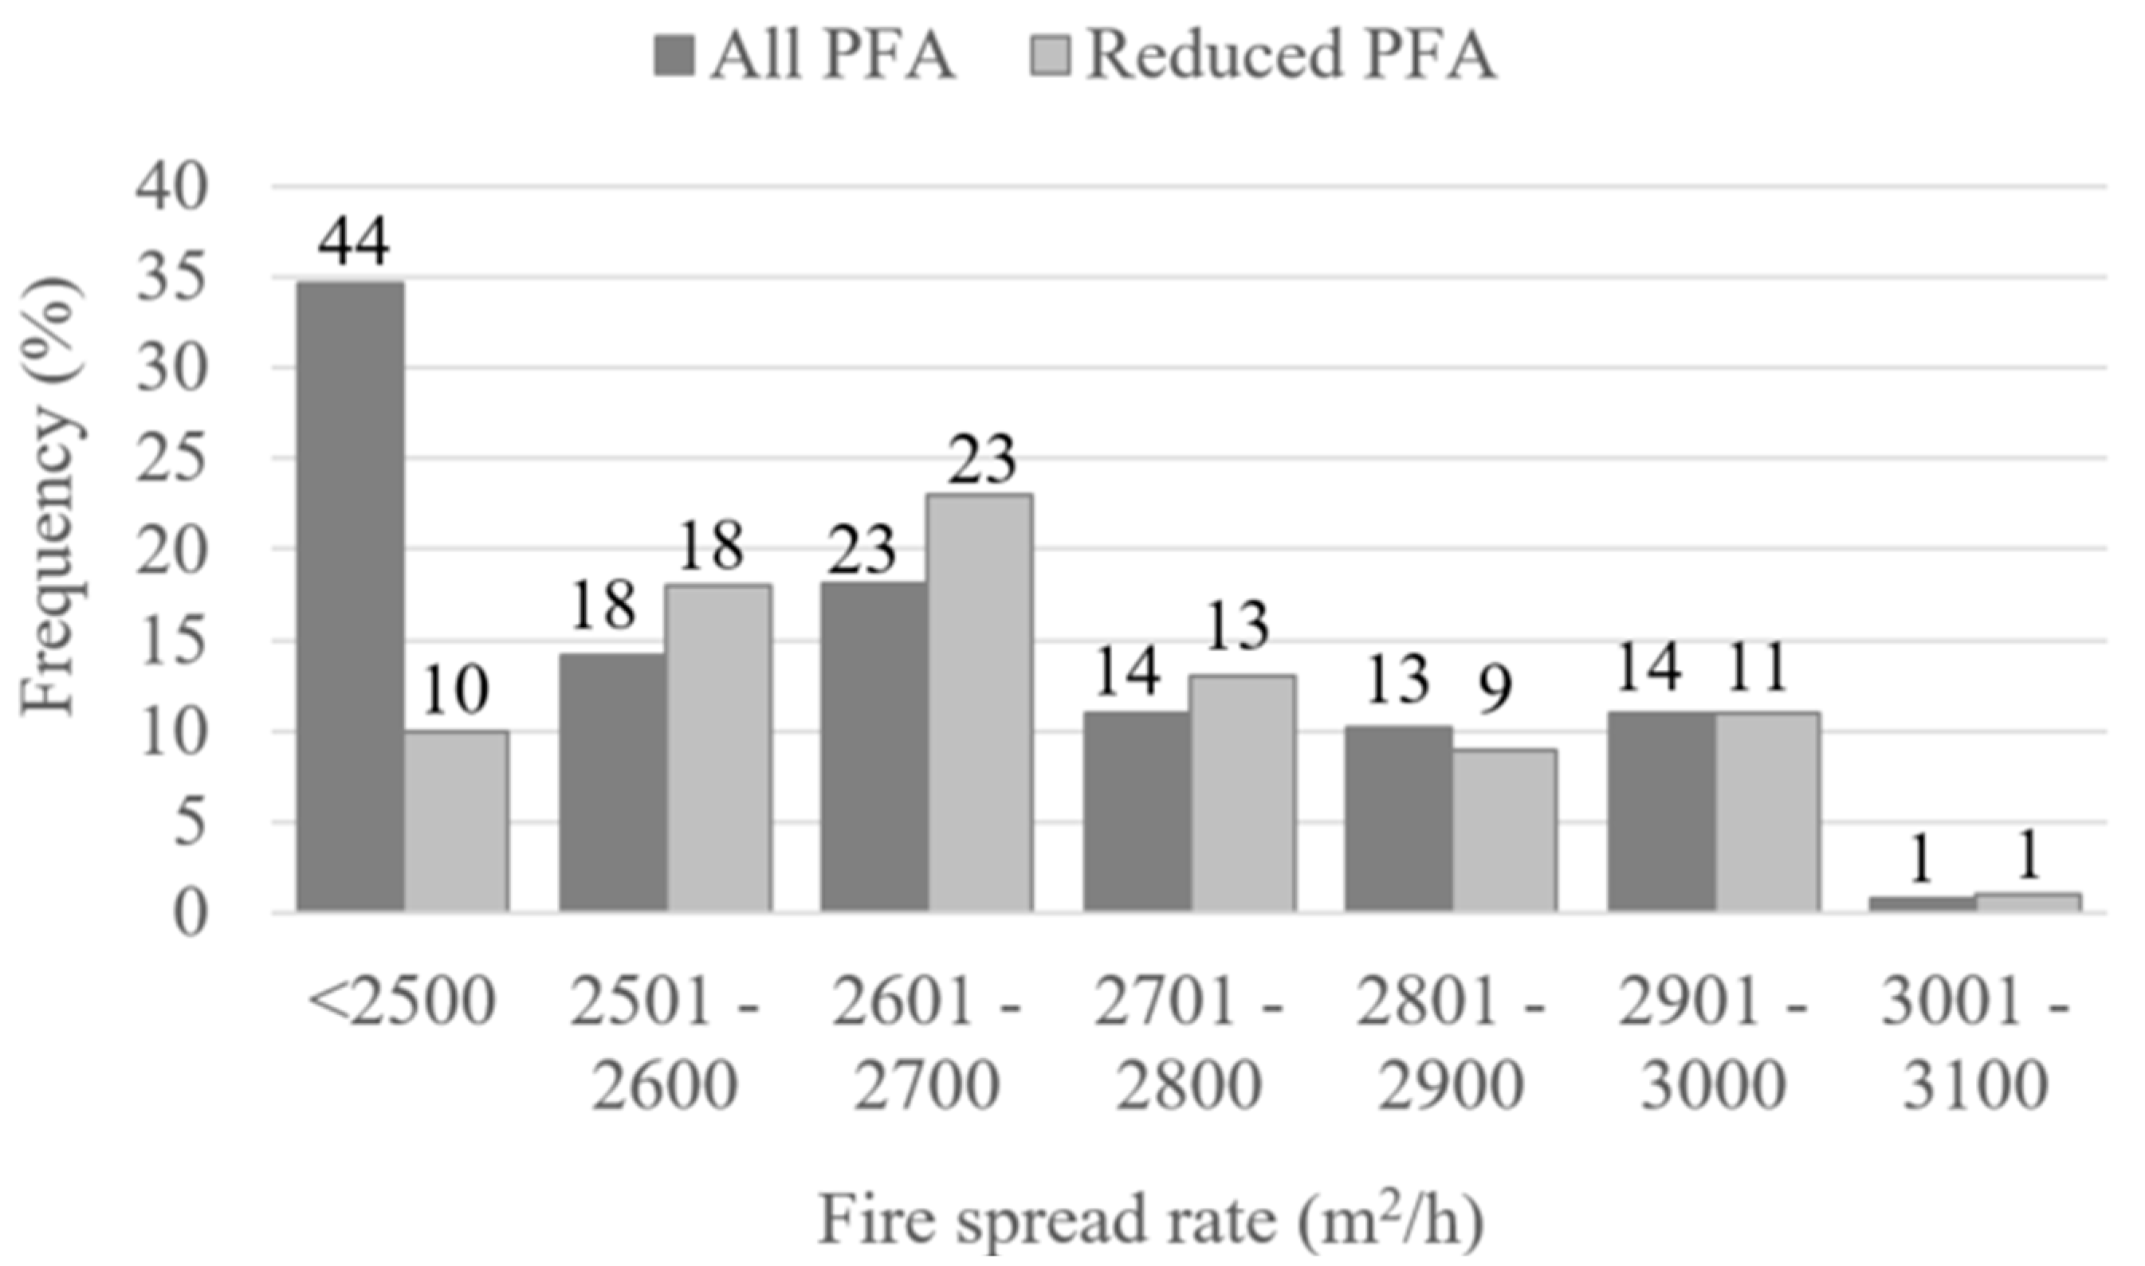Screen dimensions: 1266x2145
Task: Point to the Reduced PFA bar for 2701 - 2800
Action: click(1243, 794)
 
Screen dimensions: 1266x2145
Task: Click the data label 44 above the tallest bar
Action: click(354, 241)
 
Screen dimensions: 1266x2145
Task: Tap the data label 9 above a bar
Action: click(1494, 689)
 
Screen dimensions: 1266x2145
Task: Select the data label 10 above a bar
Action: click(456, 691)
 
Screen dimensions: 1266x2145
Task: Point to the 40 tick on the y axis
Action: click(171, 186)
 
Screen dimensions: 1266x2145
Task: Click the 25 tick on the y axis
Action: click(171, 460)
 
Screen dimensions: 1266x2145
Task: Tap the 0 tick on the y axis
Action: click(190, 915)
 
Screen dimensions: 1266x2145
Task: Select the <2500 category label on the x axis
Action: click(401, 1001)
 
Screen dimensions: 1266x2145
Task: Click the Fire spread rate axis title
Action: click(1151, 1221)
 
